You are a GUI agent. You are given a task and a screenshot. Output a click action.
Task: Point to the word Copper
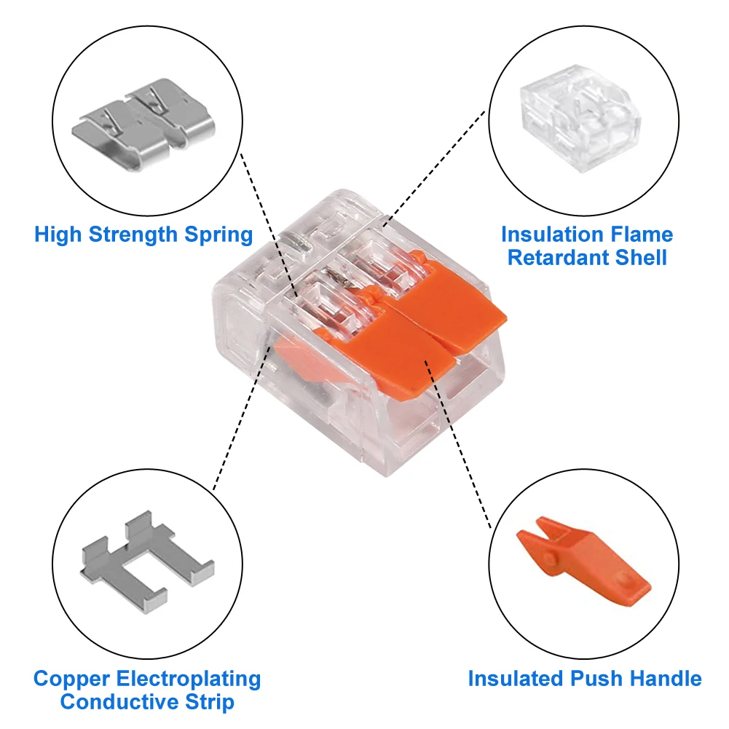click(x=71, y=679)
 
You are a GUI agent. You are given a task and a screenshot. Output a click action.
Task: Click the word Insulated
click(x=513, y=679)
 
